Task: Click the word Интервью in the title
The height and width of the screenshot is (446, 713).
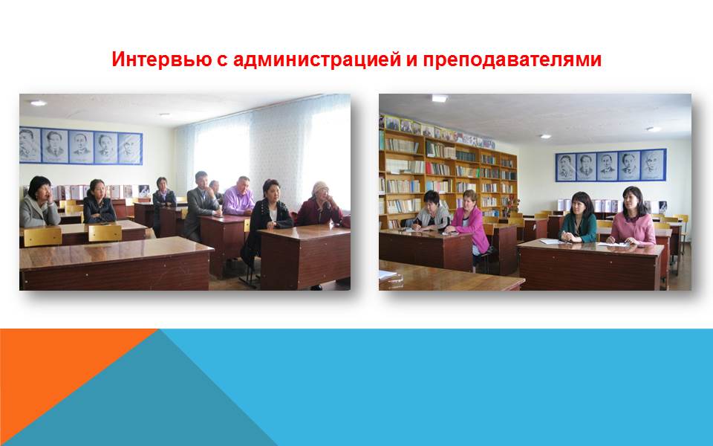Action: [161, 59]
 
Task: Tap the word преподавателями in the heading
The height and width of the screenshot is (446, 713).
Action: [512, 60]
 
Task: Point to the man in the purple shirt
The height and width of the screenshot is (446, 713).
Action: [238, 196]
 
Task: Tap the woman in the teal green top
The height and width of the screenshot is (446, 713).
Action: [578, 219]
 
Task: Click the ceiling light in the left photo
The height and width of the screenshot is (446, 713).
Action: [38, 103]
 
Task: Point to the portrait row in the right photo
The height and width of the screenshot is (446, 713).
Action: [611, 165]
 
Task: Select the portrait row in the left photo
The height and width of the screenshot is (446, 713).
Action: [81, 146]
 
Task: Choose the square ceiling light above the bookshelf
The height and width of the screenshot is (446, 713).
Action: [440, 98]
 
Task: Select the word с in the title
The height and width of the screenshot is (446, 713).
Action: [222, 61]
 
